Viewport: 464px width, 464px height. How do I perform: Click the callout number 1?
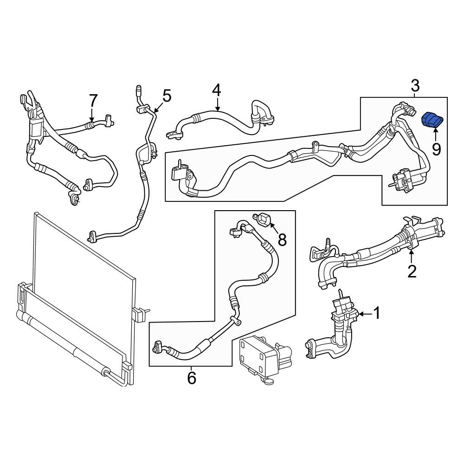point(377,313)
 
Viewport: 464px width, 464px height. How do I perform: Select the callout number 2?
point(412,271)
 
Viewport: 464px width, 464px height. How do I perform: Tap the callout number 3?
point(415,85)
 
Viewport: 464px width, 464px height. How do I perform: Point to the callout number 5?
point(167,96)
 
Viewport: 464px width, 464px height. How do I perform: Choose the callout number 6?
point(192,378)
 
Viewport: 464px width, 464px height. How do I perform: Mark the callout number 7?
point(93,100)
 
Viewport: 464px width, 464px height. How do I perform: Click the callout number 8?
point(282,240)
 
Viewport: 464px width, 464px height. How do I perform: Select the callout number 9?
point(437,149)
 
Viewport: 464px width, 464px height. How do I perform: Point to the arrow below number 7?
point(92,115)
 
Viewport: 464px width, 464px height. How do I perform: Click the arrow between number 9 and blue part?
point(435,135)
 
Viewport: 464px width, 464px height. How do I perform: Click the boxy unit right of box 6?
point(266,359)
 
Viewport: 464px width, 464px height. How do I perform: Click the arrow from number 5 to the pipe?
point(158,106)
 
